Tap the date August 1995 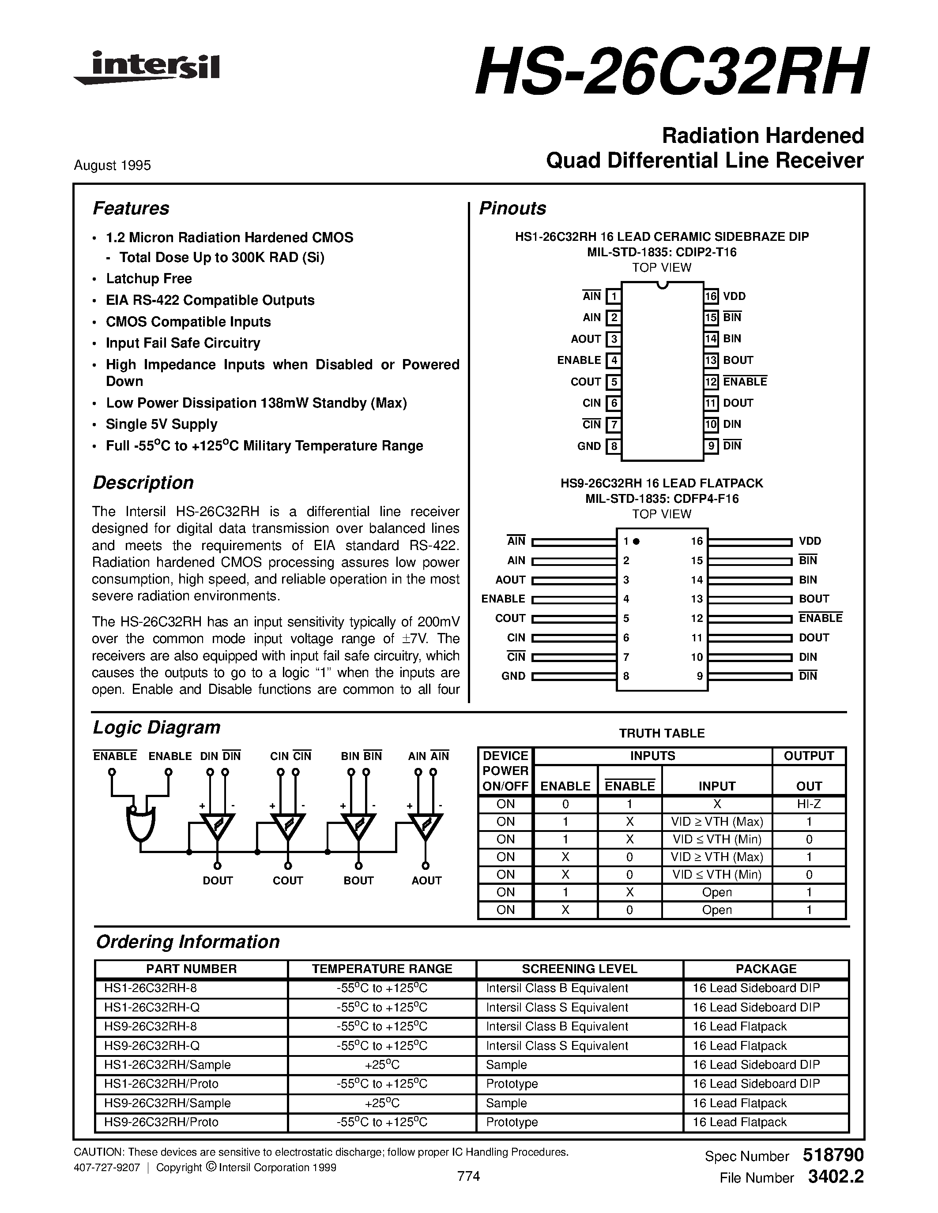point(112,165)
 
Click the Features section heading point(131,208)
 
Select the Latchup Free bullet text point(149,279)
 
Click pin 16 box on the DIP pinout point(711,296)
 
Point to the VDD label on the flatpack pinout point(810,541)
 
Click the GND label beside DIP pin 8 point(589,446)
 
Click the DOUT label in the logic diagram point(217,880)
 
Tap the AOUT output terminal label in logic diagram point(426,880)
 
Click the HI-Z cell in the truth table point(809,804)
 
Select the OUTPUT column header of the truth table point(809,756)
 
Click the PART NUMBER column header point(191,969)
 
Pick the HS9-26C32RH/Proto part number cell point(161,1122)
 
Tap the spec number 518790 point(833,1155)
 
